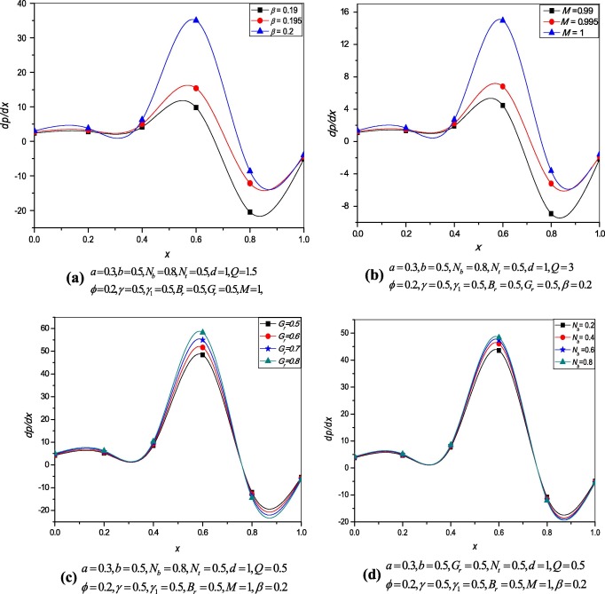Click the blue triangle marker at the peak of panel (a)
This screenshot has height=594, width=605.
tap(196, 20)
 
